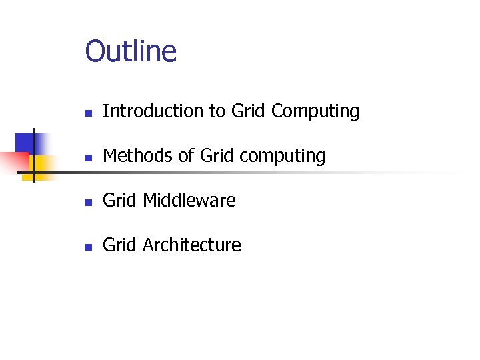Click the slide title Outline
[x=131, y=51]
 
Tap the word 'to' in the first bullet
[x=218, y=111]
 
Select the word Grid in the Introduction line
[x=249, y=111]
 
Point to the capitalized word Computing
[x=315, y=112]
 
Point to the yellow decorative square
[x=43, y=165]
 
